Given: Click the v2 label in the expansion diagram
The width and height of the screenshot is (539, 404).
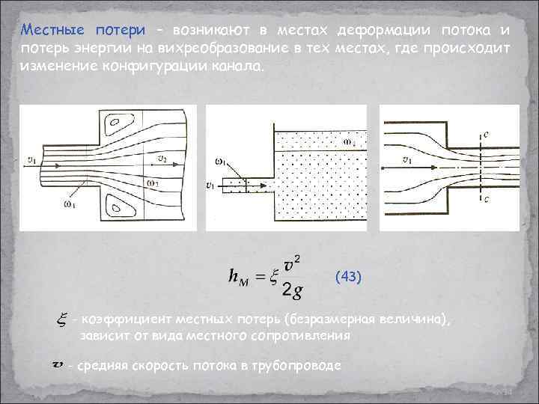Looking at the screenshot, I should click(x=162, y=158).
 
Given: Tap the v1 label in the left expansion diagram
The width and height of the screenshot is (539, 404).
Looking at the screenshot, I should click(x=31, y=159).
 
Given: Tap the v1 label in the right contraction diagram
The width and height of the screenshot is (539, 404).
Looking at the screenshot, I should click(x=407, y=159).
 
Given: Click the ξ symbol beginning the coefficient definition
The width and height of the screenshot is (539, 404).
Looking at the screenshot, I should click(x=59, y=321).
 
